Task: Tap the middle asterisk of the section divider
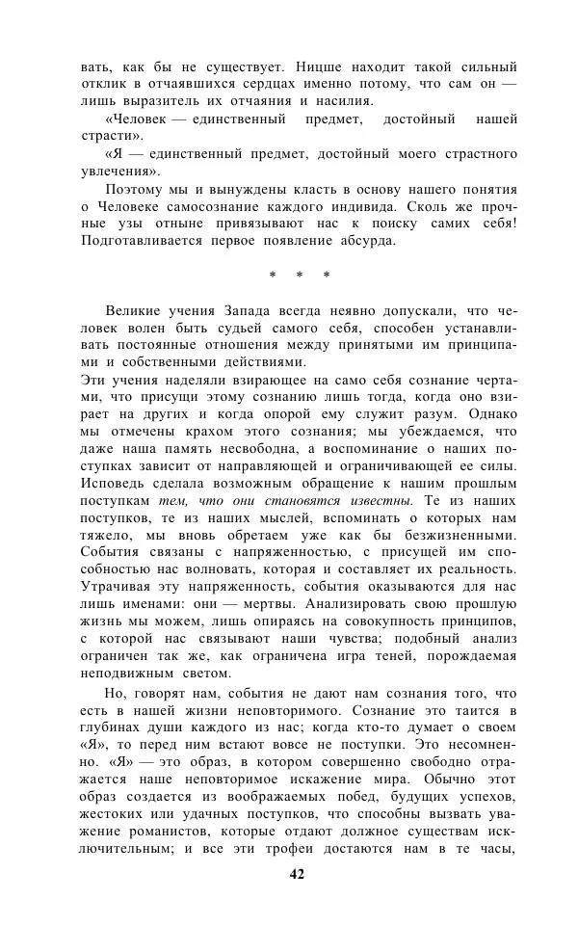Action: tap(300, 276)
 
